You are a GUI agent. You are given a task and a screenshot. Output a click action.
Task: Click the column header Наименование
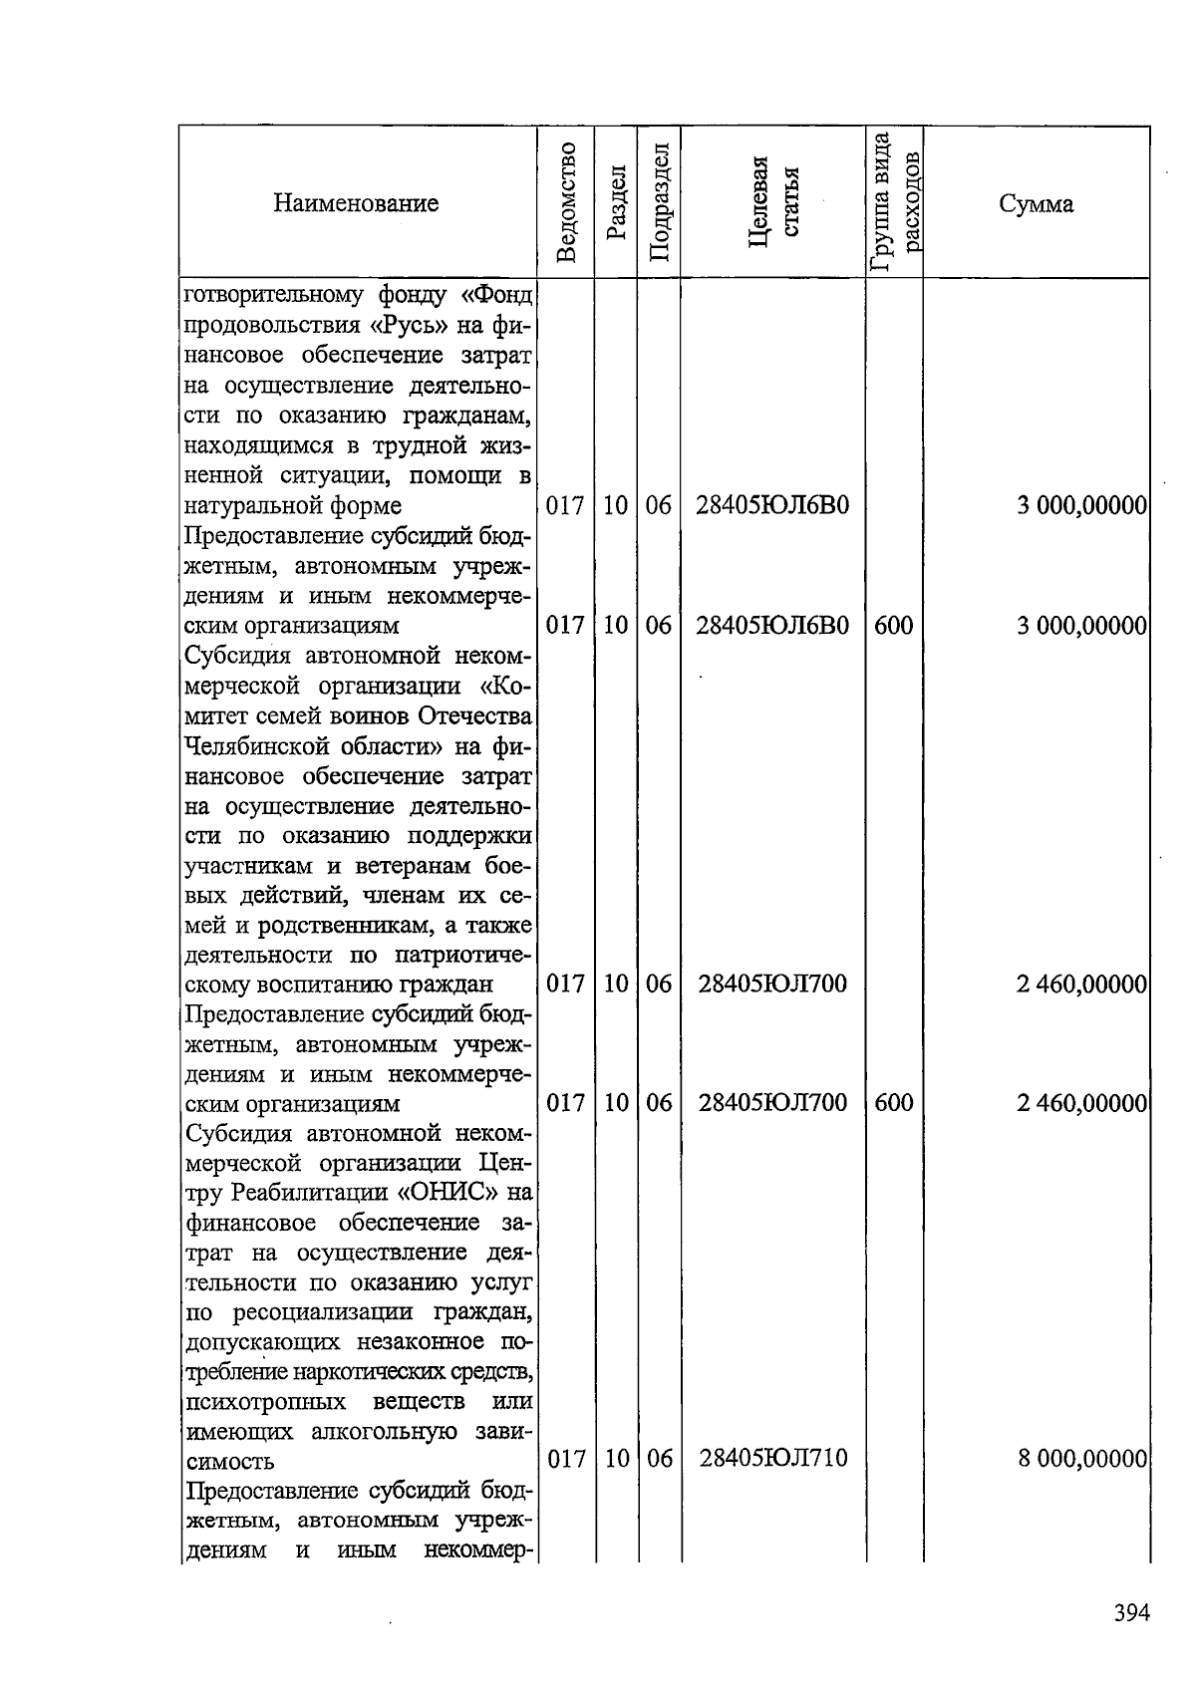[357, 204]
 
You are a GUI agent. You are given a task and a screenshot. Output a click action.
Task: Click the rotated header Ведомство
[566, 203]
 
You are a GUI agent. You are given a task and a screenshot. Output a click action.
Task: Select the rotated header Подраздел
[659, 203]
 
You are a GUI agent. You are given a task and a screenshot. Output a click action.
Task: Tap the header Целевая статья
[773, 203]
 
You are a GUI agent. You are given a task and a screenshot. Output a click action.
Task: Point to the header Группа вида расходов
[894, 203]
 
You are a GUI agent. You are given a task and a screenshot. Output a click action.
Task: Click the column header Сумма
[1036, 204]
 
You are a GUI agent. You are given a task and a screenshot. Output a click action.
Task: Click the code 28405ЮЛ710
[772, 1459]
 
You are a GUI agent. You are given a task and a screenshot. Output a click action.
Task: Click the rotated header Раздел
[616, 203]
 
